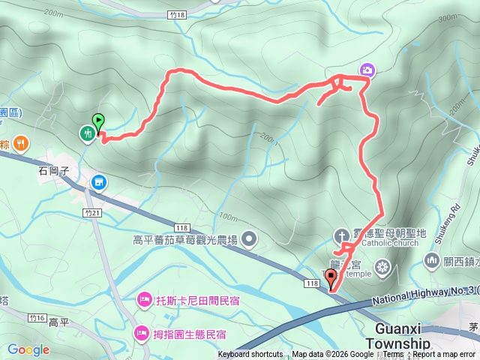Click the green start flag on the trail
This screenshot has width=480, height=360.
97,121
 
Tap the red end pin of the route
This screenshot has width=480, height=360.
331,279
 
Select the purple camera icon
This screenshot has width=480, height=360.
367,70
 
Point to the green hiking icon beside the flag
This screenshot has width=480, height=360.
88,133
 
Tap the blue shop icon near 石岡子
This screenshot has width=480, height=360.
99,181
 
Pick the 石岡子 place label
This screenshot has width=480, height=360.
54,171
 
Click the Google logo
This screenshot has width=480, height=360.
28,349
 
